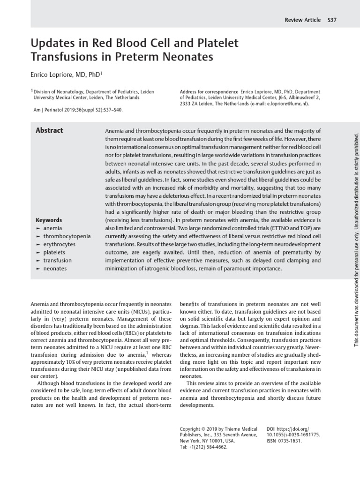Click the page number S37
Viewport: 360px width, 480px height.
click(x=332, y=20)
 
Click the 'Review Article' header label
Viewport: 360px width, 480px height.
click(x=303, y=20)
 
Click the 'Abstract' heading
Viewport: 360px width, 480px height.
click(x=49, y=130)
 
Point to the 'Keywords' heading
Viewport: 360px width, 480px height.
click(x=49, y=220)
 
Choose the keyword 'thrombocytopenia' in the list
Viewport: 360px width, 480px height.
click(x=67, y=236)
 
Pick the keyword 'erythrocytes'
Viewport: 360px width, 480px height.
click(x=59, y=244)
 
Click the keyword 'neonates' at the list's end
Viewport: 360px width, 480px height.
click(x=55, y=269)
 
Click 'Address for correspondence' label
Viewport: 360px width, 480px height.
click(x=209, y=92)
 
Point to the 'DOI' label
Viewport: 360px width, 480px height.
click(x=270, y=429)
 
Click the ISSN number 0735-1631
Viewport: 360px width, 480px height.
click(x=290, y=441)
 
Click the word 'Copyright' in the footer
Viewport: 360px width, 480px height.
click(x=192, y=429)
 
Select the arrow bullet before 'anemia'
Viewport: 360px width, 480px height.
click(x=38, y=228)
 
